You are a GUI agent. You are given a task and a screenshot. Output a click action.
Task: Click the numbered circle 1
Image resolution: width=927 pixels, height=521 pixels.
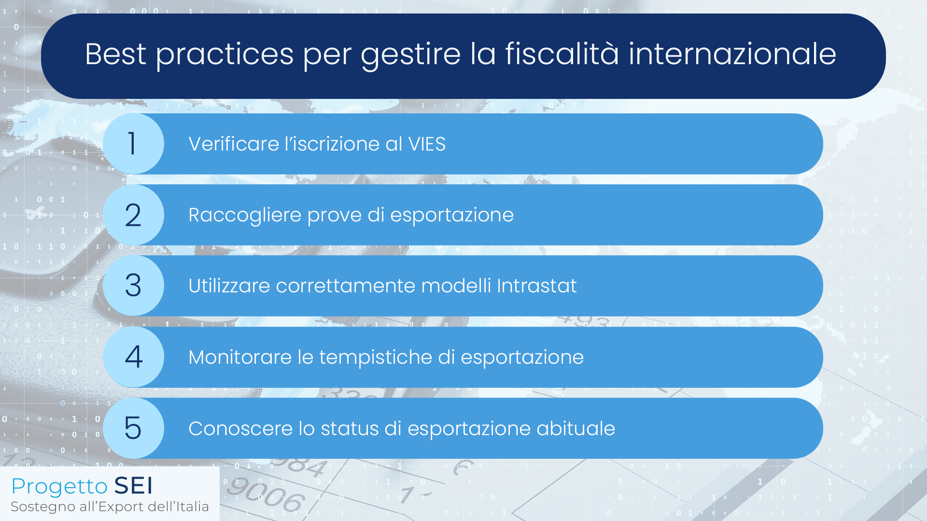pyautogui.click(x=133, y=144)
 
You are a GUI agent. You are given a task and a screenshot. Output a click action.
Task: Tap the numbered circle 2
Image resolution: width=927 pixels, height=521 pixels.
pyautogui.click(x=133, y=215)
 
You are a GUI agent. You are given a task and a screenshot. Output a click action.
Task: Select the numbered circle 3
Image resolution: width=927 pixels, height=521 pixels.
pyautogui.click(x=133, y=286)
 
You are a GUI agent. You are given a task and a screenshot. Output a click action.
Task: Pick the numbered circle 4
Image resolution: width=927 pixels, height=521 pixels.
pyautogui.click(x=133, y=357)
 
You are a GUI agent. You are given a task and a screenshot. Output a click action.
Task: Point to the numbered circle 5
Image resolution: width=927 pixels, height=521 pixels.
pyautogui.click(x=133, y=428)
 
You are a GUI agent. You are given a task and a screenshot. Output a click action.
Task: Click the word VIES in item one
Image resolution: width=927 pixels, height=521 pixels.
pyautogui.click(x=427, y=144)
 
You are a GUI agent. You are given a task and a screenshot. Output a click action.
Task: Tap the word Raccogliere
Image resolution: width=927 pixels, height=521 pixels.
pyautogui.click(x=244, y=215)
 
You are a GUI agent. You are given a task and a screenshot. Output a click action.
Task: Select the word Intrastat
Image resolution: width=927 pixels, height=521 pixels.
pyautogui.click(x=537, y=286)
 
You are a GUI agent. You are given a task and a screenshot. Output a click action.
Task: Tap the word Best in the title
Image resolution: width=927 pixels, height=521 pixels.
pyautogui.click(x=115, y=54)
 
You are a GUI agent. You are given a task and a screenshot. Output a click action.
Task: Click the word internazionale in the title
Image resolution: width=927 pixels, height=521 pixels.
pyautogui.click(x=732, y=54)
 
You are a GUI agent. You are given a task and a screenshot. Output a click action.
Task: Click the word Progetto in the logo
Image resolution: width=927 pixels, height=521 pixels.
pyautogui.click(x=59, y=487)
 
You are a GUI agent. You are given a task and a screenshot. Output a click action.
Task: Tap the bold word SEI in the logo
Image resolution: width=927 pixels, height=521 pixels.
pyautogui.click(x=133, y=485)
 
